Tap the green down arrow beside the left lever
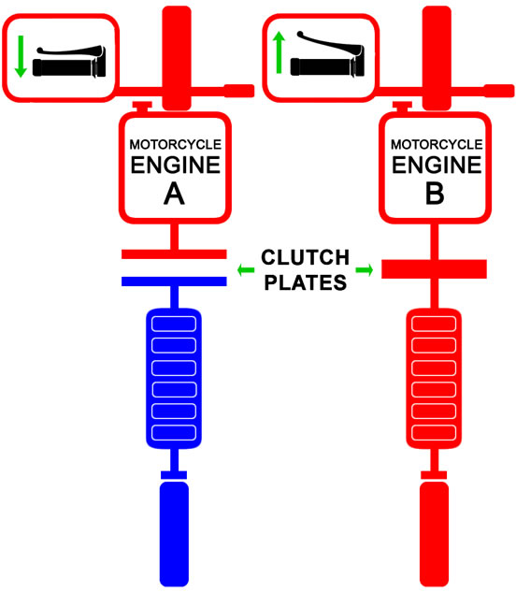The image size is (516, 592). point(21,55)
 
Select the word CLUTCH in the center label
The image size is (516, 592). point(305,258)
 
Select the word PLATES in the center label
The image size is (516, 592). point(305,282)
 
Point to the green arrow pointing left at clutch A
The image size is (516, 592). point(246,270)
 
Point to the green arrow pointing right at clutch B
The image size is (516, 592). point(364,270)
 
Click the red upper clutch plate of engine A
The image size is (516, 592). point(174,254)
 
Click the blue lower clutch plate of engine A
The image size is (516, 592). point(174,281)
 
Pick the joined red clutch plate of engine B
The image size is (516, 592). point(434,269)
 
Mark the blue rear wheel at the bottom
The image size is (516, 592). point(174,534)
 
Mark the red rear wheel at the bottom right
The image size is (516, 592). point(434,534)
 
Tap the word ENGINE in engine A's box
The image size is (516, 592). point(174,166)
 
